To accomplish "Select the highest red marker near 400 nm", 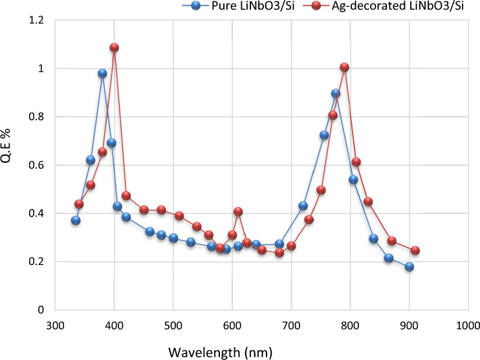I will (115, 48).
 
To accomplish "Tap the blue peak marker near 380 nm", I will (102, 74).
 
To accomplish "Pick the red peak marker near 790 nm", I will (344, 68).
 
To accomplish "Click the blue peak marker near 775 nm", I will (336, 94).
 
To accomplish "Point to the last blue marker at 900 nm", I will (409, 267).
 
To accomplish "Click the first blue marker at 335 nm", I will (76, 220).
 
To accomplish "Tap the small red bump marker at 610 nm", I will (238, 212).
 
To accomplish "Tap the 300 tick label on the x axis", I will (56, 324).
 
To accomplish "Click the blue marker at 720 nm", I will (303, 206).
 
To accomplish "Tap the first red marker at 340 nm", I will (79, 204).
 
